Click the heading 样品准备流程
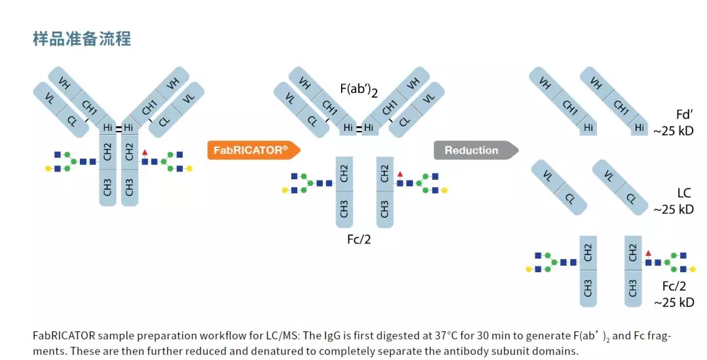(82, 39)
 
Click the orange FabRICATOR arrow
(252, 151)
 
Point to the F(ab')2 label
(359, 90)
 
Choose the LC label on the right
(684, 194)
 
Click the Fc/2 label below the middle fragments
(363, 240)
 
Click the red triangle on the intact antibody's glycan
(145, 152)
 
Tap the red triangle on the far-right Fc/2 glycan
(648, 253)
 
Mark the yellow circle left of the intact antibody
(48, 169)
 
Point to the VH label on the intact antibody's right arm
(172, 83)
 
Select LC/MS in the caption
(221, 336)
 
